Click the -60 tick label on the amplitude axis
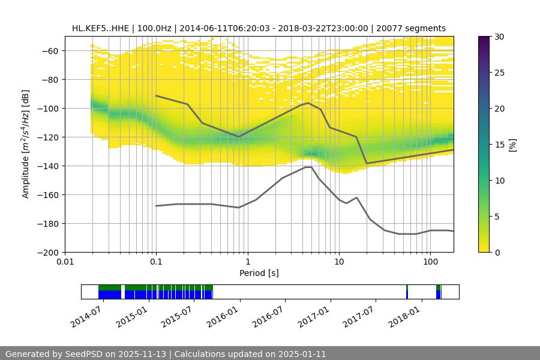click(49, 50)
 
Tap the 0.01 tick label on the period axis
click(65, 262)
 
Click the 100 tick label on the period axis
click(430, 262)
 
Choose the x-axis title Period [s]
click(259, 273)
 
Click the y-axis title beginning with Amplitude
click(26, 144)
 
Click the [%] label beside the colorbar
click(512, 145)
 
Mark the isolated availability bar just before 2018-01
click(407, 292)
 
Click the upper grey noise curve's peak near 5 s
click(308, 103)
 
